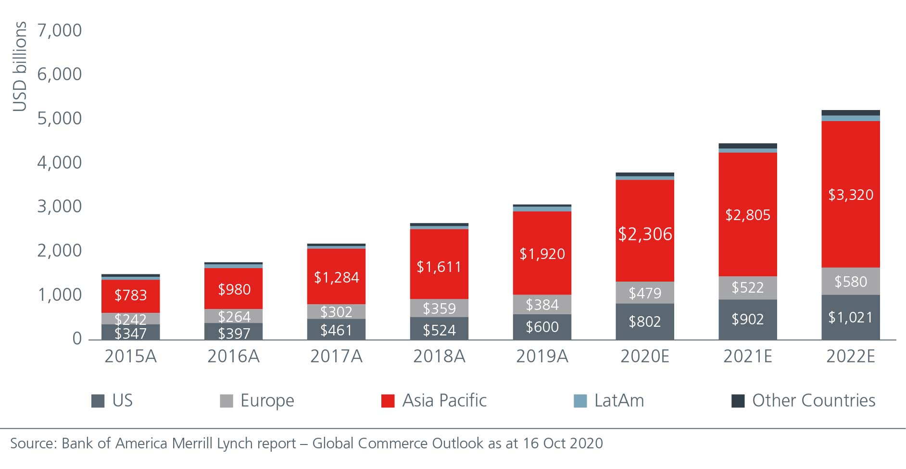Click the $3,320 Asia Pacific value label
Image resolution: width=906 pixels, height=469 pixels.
click(x=850, y=195)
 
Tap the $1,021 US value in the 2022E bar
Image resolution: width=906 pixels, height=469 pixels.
click(x=850, y=317)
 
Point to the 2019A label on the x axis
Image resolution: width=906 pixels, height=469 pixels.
click(x=542, y=356)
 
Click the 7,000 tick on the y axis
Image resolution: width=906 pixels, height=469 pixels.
click(x=60, y=30)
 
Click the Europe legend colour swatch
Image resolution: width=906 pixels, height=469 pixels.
click(x=226, y=401)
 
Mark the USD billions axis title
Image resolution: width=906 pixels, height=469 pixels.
click(x=19, y=66)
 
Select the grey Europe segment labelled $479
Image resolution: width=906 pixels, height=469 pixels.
click(x=645, y=293)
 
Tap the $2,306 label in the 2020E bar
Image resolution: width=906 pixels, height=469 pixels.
click(x=645, y=234)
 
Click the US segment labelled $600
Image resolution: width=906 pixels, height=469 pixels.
click(x=542, y=327)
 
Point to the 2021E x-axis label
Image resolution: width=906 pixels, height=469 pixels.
click(x=748, y=356)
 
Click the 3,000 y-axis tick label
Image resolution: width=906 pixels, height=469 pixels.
click(x=60, y=207)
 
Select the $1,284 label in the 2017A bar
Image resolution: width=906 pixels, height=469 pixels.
click(x=336, y=277)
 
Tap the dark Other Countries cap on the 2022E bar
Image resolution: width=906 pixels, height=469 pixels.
click(x=850, y=113)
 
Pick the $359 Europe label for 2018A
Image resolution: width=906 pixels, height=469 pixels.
click(x=439, y=308)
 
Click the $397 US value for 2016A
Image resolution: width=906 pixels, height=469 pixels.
click(x=234, y=333)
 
